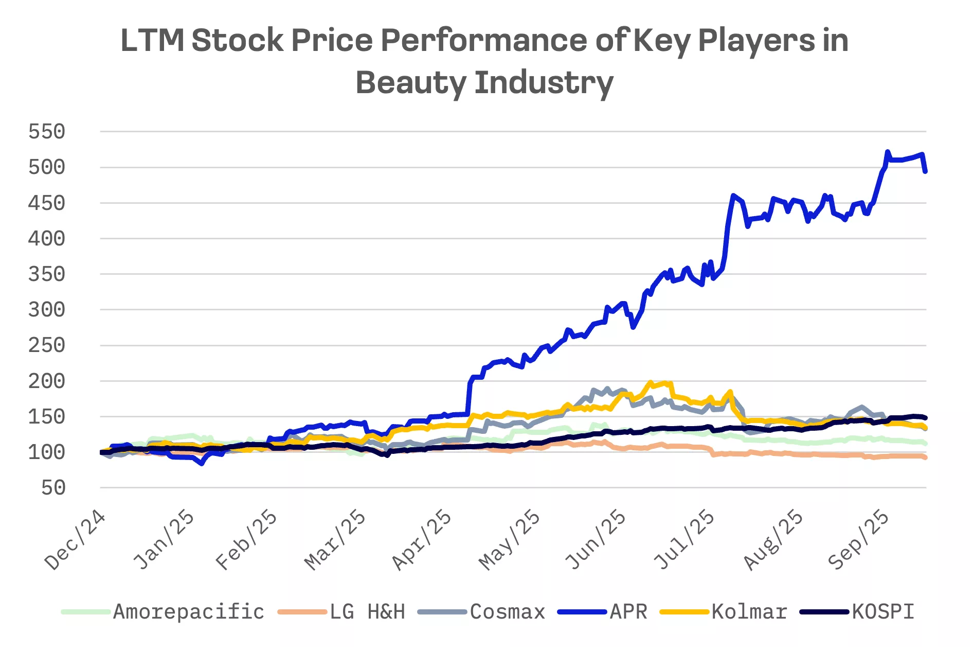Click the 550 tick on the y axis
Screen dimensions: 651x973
coord(46,132)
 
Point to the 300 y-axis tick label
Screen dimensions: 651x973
coord(46,310)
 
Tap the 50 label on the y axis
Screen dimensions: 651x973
coord(53,488)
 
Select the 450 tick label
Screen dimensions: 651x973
coord(46,203)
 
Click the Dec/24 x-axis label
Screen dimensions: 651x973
coord(75,540)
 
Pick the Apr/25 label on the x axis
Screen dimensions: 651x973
coord(422,540)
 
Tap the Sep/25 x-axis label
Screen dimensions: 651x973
coord(858,540)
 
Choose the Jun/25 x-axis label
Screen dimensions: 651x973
coord(596,540)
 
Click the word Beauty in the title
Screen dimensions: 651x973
coord(410,82)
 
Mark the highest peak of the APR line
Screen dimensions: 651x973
coord(887,152)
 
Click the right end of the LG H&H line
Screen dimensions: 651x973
coord(925,457)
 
